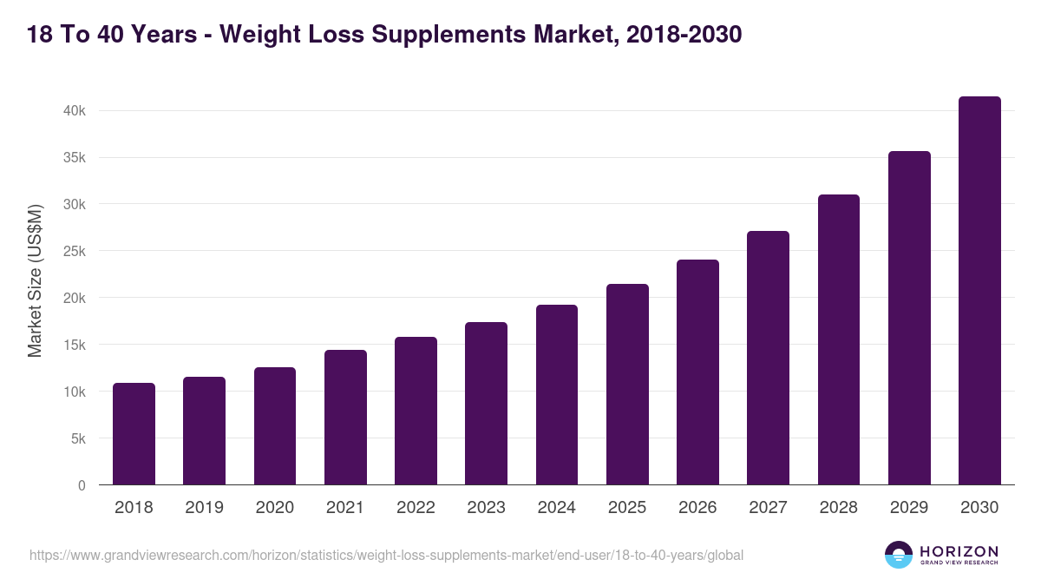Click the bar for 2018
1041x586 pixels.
tap(134, 434)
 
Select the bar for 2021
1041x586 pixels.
tap(345, 418)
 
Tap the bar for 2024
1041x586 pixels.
tap(557, 395)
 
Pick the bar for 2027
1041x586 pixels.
tap(768, 358)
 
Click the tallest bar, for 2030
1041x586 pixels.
tap(979, 291)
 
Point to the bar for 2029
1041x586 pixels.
tap(909, 318)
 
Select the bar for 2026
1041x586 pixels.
tap(697, 372)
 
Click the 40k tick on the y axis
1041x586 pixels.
tap(74, 111)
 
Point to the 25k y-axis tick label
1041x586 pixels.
tap(74, 252)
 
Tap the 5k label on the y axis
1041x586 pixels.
tap(77, 439)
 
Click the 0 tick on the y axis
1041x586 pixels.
tap(82, 486)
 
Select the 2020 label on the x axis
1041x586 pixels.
tap(275, 508)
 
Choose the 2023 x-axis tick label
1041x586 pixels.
tap(486, 508)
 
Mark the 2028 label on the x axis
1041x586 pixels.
tap(838, 508)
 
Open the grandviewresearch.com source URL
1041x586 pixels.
tap(386, 555)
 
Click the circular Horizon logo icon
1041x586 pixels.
tap(899, 555)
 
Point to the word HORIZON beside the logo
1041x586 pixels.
tap(959, 551)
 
